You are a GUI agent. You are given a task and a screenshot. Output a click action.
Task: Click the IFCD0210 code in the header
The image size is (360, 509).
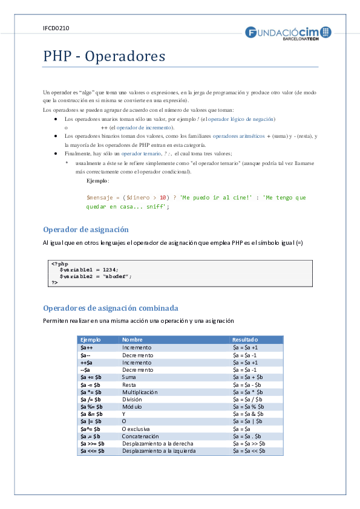56,28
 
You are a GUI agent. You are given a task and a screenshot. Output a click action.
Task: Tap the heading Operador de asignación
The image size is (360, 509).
86,230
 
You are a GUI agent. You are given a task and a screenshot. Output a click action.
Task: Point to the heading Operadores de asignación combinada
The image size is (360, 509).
111,308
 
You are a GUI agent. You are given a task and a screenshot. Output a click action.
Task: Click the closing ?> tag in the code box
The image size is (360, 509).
54,282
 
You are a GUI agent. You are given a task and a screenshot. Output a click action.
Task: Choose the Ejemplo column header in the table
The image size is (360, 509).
91,340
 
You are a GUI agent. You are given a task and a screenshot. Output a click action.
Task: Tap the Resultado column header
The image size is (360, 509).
245,340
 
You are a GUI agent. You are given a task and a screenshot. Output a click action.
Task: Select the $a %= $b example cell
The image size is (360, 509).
92,406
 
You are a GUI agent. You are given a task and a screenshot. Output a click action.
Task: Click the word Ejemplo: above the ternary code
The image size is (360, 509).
98,181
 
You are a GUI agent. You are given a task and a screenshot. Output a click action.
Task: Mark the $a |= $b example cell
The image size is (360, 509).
91,421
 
